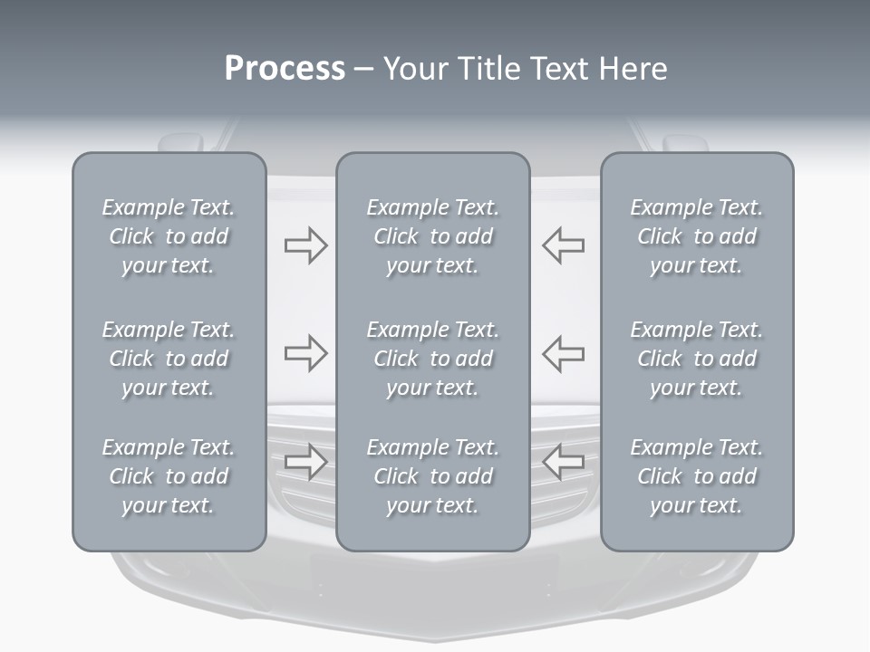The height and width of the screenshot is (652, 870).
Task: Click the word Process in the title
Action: (285, 68)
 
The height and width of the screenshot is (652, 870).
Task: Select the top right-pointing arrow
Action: (305, 245)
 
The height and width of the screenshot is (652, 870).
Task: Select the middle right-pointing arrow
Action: (305, 353)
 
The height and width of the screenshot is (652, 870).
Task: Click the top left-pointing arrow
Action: (563, 245)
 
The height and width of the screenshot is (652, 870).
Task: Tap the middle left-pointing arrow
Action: (563, 353)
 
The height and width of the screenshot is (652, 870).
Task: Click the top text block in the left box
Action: (169, 236)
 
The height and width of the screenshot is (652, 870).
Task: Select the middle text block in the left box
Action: (169, 359)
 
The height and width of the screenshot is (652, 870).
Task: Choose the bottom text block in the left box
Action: (169, 476)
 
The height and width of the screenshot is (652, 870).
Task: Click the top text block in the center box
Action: (432, 236)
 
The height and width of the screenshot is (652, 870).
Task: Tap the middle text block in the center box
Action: (432, 359)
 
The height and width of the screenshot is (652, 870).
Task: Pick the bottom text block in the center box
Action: (432, 476)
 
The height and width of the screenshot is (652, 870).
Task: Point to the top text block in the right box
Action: (696, 236)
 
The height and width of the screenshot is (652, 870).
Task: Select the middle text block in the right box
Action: (696, 359)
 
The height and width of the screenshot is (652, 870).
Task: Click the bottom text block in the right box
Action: (696, 476)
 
